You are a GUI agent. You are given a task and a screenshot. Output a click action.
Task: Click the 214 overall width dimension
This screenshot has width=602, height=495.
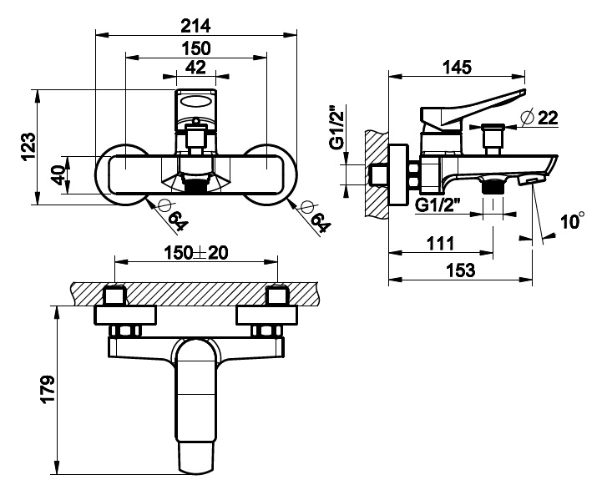tap(196, 26)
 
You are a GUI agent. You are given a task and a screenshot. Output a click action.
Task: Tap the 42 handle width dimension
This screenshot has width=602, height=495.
tap(196, 68)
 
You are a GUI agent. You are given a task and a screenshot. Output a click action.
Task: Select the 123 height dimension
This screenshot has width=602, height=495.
tap(28, 147)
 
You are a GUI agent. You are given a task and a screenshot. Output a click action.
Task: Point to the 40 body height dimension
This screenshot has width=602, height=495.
tap(58, 174)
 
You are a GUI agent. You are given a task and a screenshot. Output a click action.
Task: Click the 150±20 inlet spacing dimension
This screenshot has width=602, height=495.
tap(196, 252)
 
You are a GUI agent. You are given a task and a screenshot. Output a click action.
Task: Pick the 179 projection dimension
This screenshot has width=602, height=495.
tap(48, 389)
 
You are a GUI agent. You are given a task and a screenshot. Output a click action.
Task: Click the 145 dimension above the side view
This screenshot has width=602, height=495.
tap(457, 68)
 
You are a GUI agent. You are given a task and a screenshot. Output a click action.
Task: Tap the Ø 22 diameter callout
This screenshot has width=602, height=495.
tap(539, 118)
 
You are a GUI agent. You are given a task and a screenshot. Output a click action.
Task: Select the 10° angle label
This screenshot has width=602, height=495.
tap(573, 220)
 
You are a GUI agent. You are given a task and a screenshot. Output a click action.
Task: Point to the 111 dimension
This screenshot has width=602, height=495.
tap(440, 243)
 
